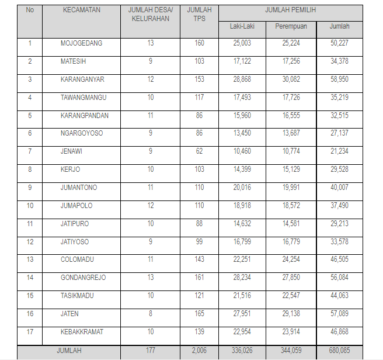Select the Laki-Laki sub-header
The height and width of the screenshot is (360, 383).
242,26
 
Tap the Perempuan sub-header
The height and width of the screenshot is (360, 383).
291,26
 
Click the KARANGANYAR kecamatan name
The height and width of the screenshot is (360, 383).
82,79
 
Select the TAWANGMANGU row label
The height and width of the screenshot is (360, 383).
83,98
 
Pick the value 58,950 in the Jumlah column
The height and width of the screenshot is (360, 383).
339,79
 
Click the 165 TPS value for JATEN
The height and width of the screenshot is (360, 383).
199,314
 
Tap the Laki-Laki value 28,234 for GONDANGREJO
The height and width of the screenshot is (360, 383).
242,278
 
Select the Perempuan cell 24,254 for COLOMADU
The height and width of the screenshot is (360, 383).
291,259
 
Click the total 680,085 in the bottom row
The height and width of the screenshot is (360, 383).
339,351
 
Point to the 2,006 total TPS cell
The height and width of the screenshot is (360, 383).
199,351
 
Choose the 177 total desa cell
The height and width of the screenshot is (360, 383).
150,351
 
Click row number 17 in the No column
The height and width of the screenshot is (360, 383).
30,332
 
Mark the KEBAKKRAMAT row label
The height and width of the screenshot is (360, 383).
82,332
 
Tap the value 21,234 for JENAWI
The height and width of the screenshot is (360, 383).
339,151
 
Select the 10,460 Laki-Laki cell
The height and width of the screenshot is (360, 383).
242,151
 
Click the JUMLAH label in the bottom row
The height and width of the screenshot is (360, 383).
68,351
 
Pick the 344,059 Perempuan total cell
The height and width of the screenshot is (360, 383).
291,351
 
